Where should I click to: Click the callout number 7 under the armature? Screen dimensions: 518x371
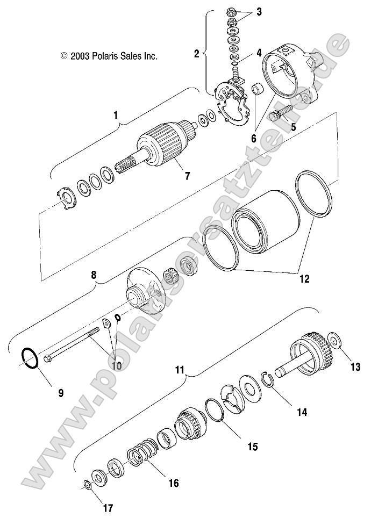187,175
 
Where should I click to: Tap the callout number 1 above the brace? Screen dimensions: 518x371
115,114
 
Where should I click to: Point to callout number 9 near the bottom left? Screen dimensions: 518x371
61,393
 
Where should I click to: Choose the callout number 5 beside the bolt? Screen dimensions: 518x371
294,127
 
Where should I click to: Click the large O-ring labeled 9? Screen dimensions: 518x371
29,358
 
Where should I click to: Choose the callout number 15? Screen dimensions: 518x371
253,446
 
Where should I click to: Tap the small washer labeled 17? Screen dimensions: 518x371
87,486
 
